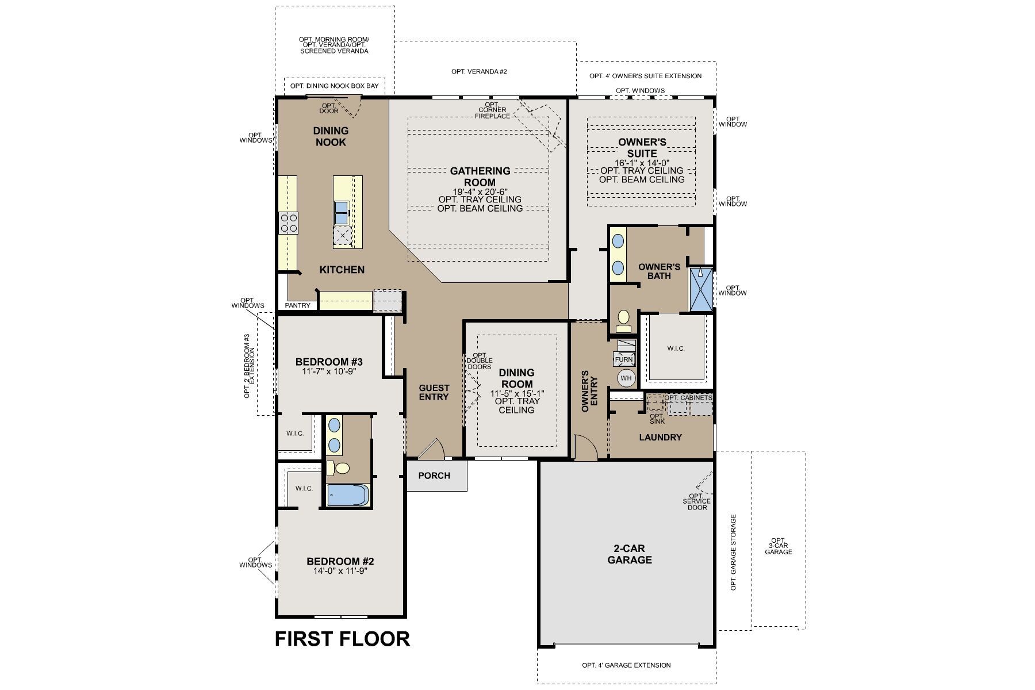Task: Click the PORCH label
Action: point(434,476)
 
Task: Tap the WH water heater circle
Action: point(626,378)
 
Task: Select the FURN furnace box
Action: point(624,359)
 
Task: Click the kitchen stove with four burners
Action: point(288,223)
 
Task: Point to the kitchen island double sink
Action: point(342,212)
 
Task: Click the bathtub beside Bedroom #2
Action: point(347,495)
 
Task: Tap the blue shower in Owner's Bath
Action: point(701,289)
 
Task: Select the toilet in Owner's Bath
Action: point(623,320)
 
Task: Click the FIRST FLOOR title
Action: point(342,638)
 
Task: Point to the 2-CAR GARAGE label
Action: point(630,554)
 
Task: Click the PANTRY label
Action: point(297,305)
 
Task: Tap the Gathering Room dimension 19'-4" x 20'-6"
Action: point(480,191)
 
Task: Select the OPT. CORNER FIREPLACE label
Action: point(492,110)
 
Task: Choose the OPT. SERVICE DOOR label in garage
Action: point(696,501)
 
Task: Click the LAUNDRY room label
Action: point(660,437)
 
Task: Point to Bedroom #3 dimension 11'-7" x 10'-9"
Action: point(329,371)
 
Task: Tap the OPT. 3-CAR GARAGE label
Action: point(778,546)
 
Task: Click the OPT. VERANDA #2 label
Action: point(479,72)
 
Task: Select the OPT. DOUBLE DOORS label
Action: point(480,361)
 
